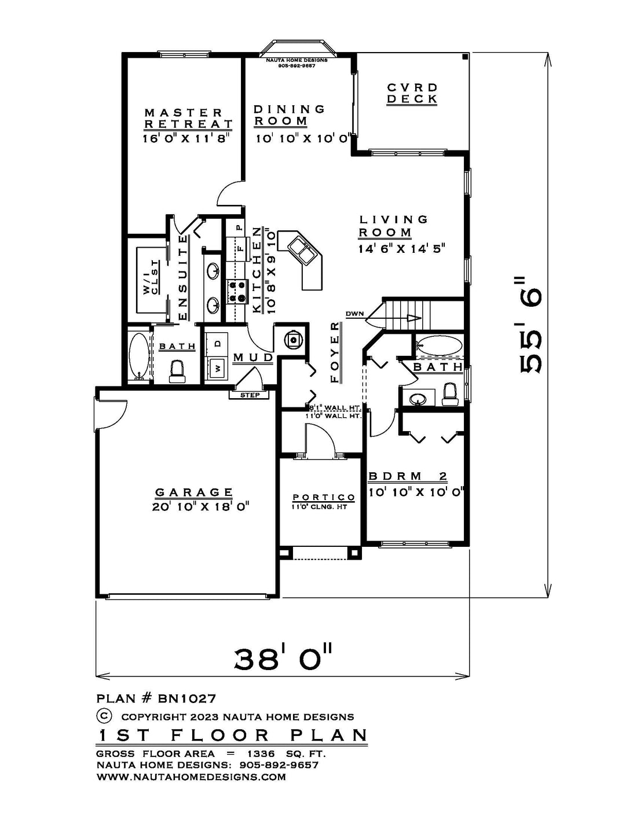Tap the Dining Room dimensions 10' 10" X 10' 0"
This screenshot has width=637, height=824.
click(x=302, y=139)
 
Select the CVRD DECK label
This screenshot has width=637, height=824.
click(x=412, y=93)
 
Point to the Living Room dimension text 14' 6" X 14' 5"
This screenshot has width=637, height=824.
click(x=401, y=249)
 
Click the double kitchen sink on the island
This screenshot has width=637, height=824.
click(x=302, y=251)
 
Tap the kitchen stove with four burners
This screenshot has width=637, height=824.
click(x=237, y=292)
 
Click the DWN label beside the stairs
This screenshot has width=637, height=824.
click(x=355, y=314)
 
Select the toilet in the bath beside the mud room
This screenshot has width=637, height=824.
click(x=177, y=371)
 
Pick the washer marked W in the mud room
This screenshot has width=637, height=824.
click(x=217, y=368)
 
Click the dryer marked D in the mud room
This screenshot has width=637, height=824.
click(x=217, y=344)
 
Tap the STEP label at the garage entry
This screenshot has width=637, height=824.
click(x=250, y=395)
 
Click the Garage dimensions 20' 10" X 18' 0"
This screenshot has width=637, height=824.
click(x=201, y=507)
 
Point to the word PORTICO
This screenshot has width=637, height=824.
click(x=324, y=497)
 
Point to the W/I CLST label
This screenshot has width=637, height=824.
click(x=151, y=278)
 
